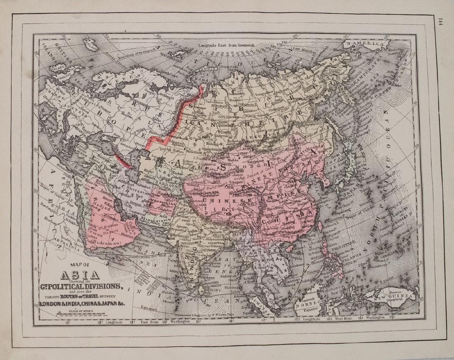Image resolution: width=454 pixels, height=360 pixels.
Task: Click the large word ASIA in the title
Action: coord(80,275)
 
